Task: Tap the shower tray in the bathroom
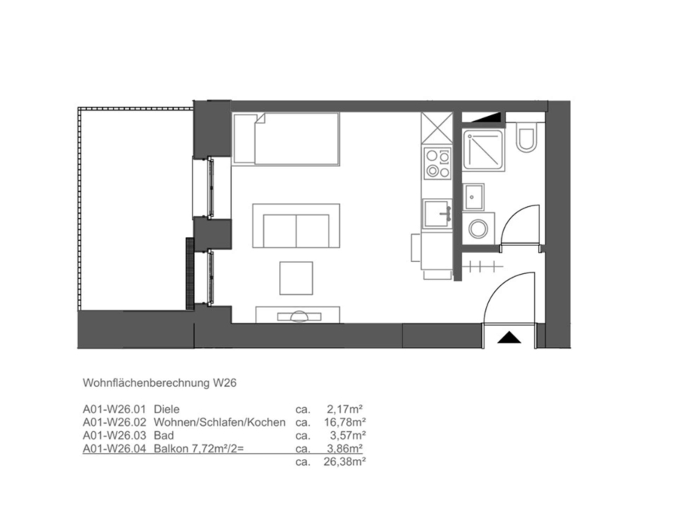(x=484, y=150)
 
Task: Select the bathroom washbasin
(x=473, y=197)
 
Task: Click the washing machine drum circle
(x=478, y=229)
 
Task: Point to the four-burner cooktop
(x=437, y=163)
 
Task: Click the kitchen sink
(x=437, y=214)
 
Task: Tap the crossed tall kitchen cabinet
(x=436, y=127)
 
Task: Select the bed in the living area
(x=286, y=139)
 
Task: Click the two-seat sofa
(x=296, y=226)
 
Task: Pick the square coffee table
(x=296, y=278)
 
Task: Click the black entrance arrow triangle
(x=509, y=337)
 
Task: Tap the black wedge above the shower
(x=484, y=117)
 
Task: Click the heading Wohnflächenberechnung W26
(x=159, y=383)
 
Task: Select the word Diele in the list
(x=166, y=409)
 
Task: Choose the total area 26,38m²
(x=345, y=462)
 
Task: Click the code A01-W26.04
(x=114, y=449)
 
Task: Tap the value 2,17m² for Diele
(x=345, y=409)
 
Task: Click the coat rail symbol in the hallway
(x=482, y=266)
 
